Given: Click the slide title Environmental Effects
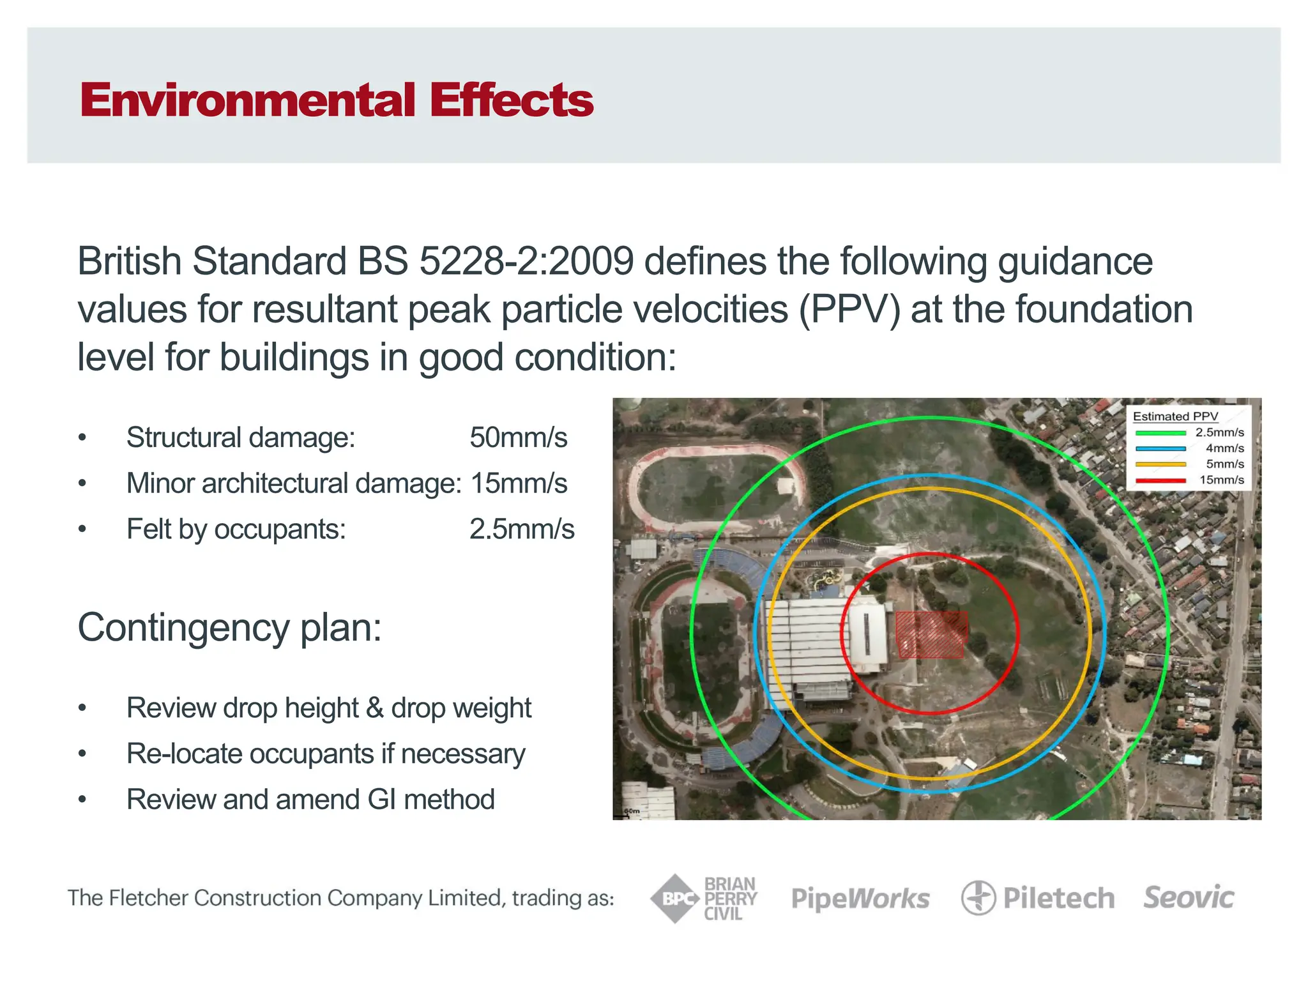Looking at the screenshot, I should (x=337, y=100).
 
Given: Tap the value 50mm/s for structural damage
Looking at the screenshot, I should (x=518, y=438).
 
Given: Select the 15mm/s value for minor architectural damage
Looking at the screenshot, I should (x=519, y=483).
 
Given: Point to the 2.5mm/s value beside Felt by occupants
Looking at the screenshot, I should (x=522, y=529).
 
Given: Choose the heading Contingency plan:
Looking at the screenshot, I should (x=229, y=627).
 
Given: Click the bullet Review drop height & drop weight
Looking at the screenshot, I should (x=328, y=708).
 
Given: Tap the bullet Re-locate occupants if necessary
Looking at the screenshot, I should (x=326, y=754).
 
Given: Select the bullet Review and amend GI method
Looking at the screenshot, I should (x=310, y=800).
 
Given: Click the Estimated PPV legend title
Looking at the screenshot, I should (x=1175, y=416).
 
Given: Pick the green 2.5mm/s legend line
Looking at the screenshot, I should (x=1160, y=433).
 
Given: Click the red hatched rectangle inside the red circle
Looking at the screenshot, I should (x=931, y=634).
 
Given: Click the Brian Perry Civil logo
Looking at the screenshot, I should (x=704, y=899).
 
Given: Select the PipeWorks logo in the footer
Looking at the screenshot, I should (x=860, y=899).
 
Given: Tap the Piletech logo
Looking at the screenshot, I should (x=1038, y=899).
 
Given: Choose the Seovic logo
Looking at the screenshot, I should (x=1189, y=897).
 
